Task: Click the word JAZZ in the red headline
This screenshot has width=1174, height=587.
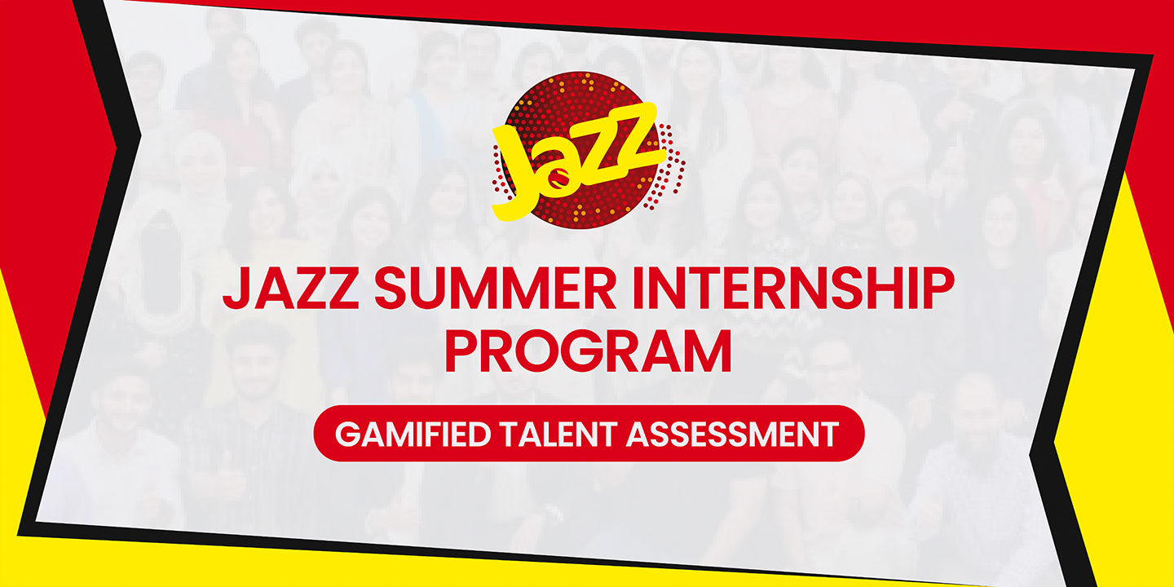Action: (291, 288)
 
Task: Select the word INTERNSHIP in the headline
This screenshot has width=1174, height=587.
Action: (793, 288)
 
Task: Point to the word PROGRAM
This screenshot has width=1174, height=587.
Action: (588, 351)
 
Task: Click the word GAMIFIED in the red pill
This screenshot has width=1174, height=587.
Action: (413, 434)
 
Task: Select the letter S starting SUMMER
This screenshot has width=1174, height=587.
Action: (391, 288)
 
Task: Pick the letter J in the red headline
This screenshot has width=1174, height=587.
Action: (235, 288)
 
